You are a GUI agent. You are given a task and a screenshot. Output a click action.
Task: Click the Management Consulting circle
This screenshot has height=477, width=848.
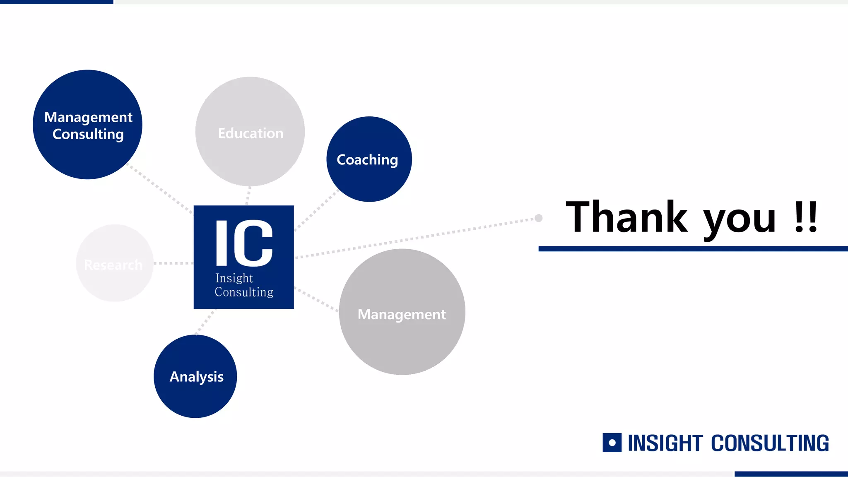click(x=87, y=125)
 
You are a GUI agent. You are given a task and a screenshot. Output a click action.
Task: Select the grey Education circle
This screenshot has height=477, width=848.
click(x=250, y=132)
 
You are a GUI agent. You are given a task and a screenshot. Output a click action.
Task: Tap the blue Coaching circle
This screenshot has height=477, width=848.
click(x=369, y=159)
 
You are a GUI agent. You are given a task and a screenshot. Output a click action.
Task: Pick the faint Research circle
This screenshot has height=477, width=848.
click(x=115, y=263)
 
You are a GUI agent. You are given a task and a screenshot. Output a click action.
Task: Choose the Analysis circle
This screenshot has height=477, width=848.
click(x=195, y=376)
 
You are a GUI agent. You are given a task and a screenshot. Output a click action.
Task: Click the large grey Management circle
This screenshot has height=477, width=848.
click(x=402, y=312)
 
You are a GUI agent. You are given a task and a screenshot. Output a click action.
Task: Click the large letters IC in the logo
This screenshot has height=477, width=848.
click(x=244, y=243)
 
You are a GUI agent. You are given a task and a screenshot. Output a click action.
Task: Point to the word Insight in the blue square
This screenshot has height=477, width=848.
click(x=234, y=278)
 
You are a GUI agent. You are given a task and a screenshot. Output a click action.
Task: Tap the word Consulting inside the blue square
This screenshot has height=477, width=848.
click(x=244, y=292)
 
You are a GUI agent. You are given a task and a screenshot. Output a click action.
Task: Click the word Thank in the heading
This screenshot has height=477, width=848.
click(x=626, y=217)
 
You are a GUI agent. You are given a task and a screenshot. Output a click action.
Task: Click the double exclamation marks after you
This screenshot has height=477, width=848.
click(x=806, y=217)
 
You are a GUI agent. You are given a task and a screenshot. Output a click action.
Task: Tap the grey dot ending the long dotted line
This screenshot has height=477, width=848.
click(x=538, y=218)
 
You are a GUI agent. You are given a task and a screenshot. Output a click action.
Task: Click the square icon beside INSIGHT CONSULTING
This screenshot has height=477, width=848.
click(x=612, y=443)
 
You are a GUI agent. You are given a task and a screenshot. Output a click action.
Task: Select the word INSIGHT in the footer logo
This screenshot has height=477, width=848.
click(x=665, y=443)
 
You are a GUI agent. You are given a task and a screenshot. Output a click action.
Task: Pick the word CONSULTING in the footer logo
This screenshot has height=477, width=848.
click(x=770, y=443)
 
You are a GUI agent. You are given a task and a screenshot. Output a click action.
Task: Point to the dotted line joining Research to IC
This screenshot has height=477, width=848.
click(x=173, y=263)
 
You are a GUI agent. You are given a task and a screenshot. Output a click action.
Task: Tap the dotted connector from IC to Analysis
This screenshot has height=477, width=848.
click(x=205, y=321)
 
